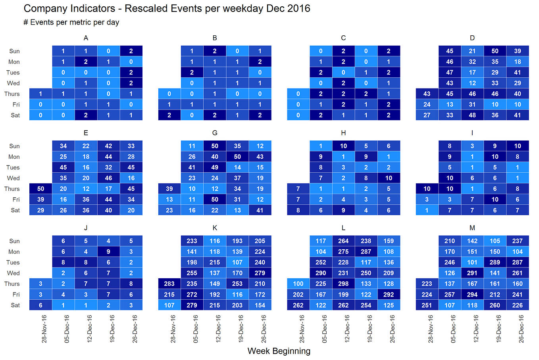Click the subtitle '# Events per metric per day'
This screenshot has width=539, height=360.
point(71,22)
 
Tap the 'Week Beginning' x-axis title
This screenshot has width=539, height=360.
point(279,351)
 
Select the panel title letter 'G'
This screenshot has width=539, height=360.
point(215,133)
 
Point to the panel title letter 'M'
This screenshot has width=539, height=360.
point(472,228)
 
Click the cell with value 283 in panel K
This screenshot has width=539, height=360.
point(169,284)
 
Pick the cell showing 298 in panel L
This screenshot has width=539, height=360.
point(343,284)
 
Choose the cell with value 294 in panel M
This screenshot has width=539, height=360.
point(472,295)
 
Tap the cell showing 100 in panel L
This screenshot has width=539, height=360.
point(298,284)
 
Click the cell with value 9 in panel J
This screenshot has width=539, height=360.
point(108,252)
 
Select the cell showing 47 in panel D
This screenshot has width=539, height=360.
point(450,73)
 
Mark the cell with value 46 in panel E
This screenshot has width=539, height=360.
point(108,178)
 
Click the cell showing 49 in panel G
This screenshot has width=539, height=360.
point(215,167)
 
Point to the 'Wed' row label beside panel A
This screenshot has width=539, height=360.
point(13,83)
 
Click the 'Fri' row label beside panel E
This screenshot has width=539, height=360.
point(15,200)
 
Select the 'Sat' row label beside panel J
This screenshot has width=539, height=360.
point(15,305)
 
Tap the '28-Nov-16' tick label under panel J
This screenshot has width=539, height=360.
point(44,329)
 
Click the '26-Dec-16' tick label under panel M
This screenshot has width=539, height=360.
point(521,329)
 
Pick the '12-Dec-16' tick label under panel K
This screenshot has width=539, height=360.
point(218,329)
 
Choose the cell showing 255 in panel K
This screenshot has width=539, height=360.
point(192,273)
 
